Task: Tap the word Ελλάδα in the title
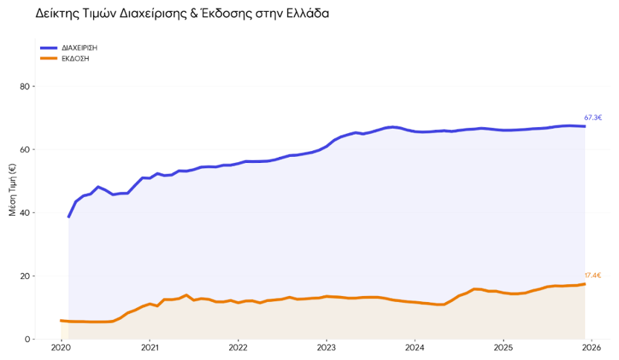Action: coord(304,14)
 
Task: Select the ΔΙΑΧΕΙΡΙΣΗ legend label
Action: coord(80,48)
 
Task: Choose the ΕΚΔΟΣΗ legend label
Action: coord(75,58)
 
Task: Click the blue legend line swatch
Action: coord(49,48)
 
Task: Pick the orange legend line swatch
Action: coord(49,58)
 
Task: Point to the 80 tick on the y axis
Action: coord(25,86)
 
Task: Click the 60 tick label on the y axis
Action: coord(25,150)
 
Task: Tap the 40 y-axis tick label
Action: coord(25,213)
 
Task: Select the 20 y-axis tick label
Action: coord(25,276)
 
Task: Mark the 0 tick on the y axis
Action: coord(27,339)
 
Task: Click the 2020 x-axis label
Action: coord(61,347)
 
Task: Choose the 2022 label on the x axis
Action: coord(238,347)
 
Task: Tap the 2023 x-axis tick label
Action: coord(327,347)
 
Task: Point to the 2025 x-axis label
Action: coord(503,347)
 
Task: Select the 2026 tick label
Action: coord(591,347)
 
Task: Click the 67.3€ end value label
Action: coord(593,118)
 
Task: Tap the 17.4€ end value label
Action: coord(593,275)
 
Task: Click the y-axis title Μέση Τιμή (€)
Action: coord(12,190)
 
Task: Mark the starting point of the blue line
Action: coord(68,216)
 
